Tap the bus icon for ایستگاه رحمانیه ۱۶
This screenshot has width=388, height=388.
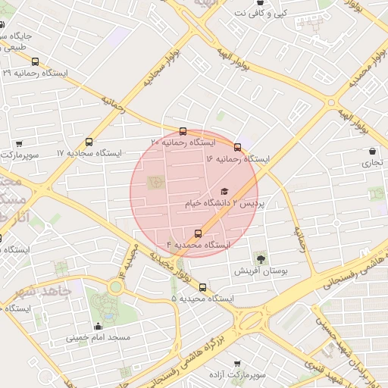click(238, 147)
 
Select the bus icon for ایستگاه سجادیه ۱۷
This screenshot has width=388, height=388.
click(89, 141)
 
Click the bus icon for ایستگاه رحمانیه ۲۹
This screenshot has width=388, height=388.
click(35, 61)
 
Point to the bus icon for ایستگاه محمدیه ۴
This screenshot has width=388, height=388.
click(199, 233)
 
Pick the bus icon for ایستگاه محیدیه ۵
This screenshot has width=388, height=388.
click(202, 287)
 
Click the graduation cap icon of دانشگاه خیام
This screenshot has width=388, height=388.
click(224, 192)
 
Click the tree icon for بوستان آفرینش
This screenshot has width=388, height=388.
click(261, 259)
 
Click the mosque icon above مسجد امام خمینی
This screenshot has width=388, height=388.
click(99, 326)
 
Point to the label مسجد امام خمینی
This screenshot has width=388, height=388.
click(98, 337)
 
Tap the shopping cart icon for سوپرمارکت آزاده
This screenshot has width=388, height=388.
click(237, 364)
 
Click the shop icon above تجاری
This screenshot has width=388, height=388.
click(372, 152)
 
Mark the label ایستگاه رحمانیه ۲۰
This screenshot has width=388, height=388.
click(183, 142)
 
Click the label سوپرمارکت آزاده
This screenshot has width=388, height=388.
click(237, 375)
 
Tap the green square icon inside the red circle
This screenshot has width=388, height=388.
click(156, 183)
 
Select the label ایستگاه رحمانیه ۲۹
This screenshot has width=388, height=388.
click(36, 74)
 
